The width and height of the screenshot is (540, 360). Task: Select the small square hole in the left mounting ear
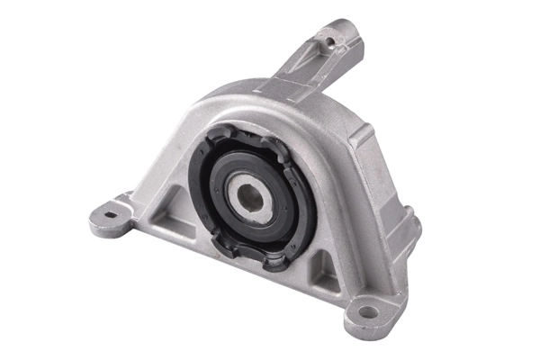point(110,213)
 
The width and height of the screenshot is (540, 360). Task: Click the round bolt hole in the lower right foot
point(367,312)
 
